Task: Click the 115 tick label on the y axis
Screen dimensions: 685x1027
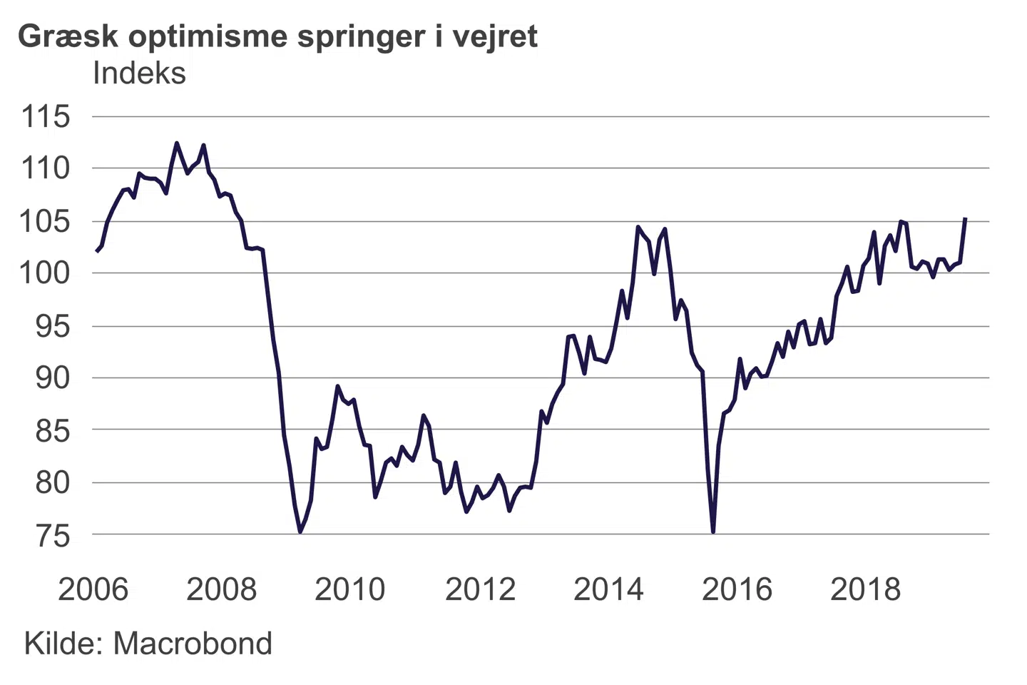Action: [x=46, y=116]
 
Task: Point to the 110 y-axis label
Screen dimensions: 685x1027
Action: [x=46, y=168]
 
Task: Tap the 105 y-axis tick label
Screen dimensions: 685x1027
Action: [x=46, y=221]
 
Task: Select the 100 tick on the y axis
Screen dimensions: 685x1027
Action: [x=46, y=273]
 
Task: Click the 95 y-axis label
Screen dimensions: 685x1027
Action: [x=53, y=326]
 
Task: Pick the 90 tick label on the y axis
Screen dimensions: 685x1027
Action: [x=53, y=377]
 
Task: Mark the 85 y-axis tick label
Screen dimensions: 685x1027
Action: [x=53, y=430]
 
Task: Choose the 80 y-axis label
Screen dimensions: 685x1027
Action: [x=53, y=483]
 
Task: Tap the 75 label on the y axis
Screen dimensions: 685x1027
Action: [x=53, y=535]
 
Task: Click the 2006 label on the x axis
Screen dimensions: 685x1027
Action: [x=93, y=589]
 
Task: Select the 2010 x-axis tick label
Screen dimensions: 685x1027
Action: [x=349, y=589]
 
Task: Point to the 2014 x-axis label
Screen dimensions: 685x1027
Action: [x=608, y=589]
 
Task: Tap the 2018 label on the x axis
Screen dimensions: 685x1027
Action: [x=865, y=589]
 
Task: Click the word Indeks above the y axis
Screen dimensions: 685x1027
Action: [x=139, y=73]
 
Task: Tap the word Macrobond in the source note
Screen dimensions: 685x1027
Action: [x=193, y=644]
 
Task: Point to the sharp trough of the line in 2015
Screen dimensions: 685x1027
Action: [x=713, y=532]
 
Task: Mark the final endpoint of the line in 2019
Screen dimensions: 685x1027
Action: [x=965, y=219]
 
